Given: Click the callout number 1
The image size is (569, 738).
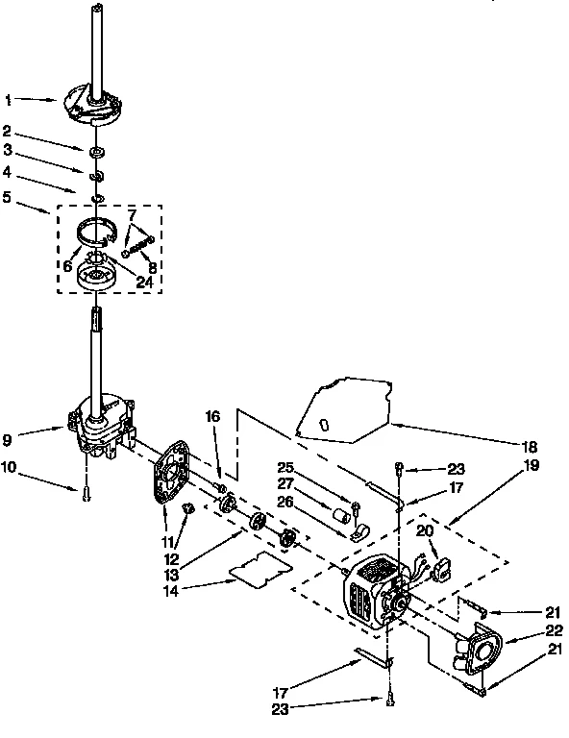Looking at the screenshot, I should tap(8, 99).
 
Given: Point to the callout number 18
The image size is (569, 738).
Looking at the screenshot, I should tap(530, 448).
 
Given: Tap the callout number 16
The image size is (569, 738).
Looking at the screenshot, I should tap(213, 416).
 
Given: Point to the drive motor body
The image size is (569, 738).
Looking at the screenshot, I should tap(375, 596).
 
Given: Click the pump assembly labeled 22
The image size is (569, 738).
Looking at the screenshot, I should tap(474, 650).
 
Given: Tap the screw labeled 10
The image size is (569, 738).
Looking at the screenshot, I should tap(86, 492).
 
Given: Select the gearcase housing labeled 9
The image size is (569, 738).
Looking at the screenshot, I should tap(101, 428).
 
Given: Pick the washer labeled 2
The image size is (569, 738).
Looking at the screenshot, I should tap(97, 153).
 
